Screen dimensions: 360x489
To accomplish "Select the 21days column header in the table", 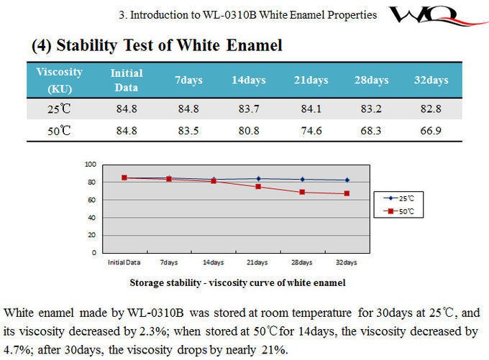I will [311, 80].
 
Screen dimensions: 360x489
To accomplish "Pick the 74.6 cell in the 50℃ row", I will [311, 130].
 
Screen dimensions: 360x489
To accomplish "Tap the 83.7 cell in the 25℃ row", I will [249, 109].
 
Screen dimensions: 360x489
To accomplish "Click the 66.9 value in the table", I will [431, 130].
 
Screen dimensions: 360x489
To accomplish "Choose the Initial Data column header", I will [127, 79].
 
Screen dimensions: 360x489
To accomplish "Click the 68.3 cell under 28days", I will [372, 130].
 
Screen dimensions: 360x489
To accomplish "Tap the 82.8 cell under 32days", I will [431, 109].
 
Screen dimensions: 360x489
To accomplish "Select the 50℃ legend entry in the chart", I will [401, 211].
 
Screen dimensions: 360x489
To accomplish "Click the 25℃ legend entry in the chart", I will [401, 198].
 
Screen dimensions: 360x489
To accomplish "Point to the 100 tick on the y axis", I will [90, 165].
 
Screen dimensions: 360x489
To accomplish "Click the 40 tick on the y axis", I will [92, 218].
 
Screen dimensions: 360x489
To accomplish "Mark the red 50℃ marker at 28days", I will [302, 192].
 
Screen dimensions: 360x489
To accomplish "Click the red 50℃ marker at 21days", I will [257, 187].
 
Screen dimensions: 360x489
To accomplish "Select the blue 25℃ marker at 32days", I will [347, 180].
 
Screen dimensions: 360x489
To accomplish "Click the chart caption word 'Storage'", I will [146, 282].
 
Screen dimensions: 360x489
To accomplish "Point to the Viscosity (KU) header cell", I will [59, 80].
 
